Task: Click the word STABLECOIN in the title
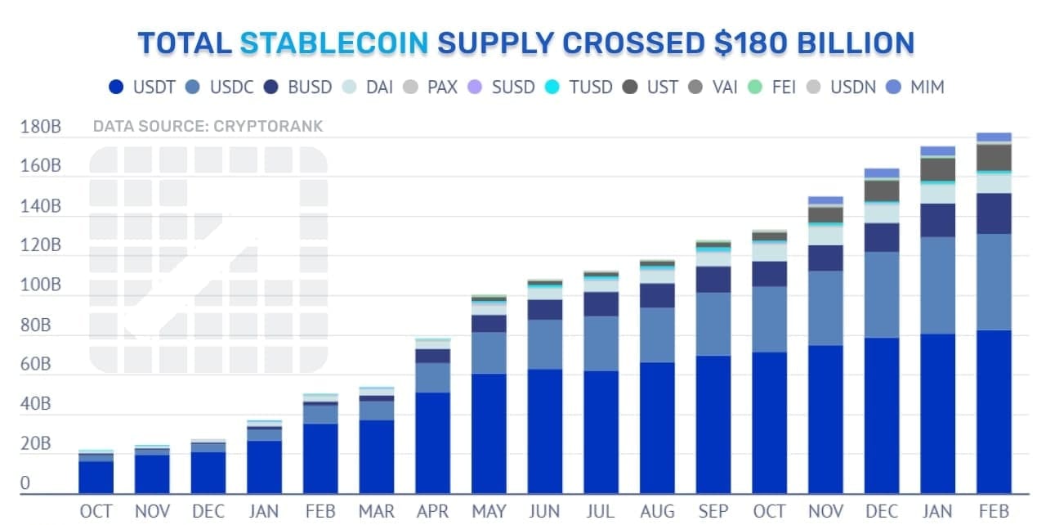pos(333,43)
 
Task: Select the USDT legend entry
pos(142,87)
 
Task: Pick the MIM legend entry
pos(915,87)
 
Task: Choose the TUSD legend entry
pos(579,87)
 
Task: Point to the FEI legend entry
pos(771,87)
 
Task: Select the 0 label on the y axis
pos(25,484)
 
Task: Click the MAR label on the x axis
pos(377,511)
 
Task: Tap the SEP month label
pos(713,511)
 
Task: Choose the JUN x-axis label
pos(545,511)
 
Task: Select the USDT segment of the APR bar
pos(433,442)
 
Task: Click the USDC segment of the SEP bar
pos(713,324)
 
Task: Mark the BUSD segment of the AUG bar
pos(657,295)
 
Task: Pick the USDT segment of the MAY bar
pos(489,433)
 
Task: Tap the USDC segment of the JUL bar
pos(601,343)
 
